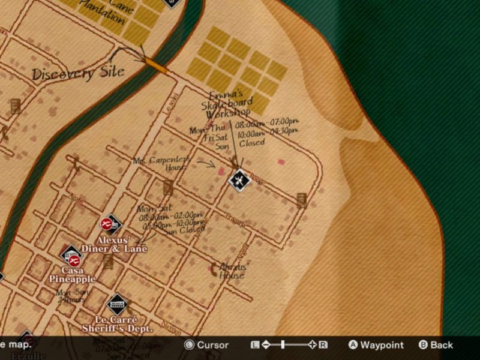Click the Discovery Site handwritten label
point(77,73)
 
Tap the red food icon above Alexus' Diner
point(106,224)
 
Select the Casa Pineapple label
point(73,275)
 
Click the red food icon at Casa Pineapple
point(74,261)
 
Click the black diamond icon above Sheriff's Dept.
point(117,304)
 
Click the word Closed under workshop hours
point(252,143)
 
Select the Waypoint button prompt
point(376,345)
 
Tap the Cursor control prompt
point(206,345)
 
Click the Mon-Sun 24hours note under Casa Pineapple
point(71,296)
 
